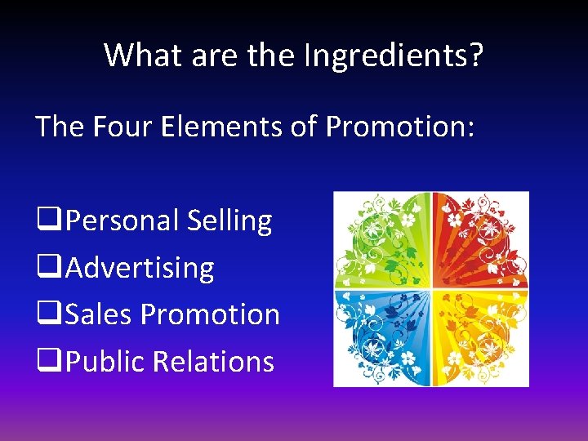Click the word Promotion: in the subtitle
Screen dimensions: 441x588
399,127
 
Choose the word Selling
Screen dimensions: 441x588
229,221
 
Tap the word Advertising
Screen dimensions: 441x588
140,268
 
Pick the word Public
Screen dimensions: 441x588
105,361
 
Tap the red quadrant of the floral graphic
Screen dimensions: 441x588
480,240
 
